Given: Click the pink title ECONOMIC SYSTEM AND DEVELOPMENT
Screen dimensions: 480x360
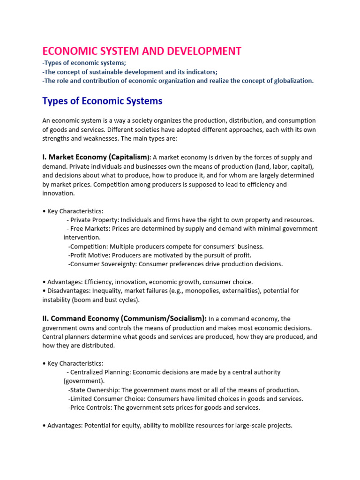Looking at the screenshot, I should coord(142,51).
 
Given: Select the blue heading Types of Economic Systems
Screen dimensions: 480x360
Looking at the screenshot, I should coord(102,101).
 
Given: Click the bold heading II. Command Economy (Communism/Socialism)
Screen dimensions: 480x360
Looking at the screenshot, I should coord(124,319).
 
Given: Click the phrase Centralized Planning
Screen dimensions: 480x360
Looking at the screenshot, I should coord(101,372).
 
